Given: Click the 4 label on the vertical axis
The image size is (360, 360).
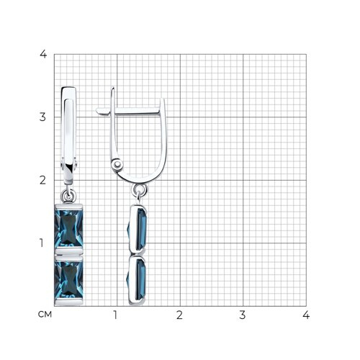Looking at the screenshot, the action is pos(43,54).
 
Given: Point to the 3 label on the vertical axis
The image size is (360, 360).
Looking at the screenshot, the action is pos(42,117).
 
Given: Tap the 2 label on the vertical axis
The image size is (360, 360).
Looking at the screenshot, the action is pos(42,180).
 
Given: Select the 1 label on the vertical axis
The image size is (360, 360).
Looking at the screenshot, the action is pos(42,243).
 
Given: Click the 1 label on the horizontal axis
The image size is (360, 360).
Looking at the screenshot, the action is pos(115,315).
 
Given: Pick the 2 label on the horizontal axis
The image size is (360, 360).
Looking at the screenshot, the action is pos(179,315).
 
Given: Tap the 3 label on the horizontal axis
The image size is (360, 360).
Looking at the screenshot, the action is pos(243,315).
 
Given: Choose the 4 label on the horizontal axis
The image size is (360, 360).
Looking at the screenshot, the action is pos(306,315).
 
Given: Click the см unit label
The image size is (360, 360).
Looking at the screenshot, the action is pos(45,315).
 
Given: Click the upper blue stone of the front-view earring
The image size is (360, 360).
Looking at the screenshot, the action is pos(68,228).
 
